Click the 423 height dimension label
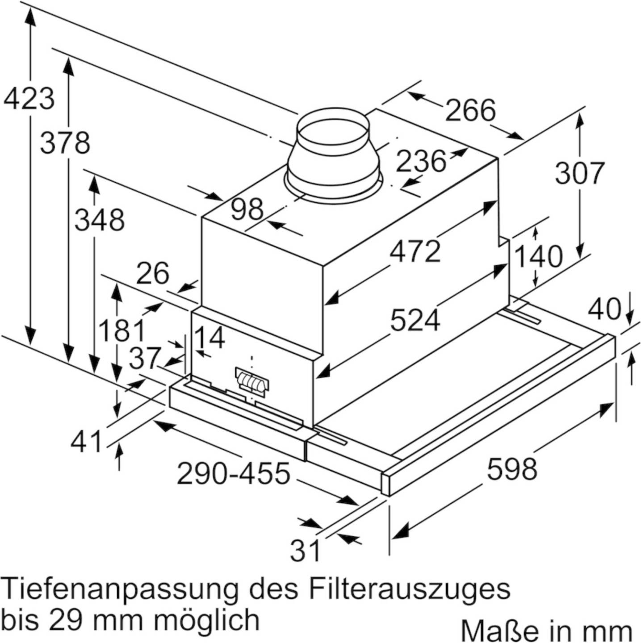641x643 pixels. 29,98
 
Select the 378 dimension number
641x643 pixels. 65,143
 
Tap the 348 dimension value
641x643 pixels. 100,220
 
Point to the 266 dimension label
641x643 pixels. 470,110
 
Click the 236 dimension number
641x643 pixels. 421,161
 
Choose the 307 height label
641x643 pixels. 579,173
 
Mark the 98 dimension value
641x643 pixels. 247,209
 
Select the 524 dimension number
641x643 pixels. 415,320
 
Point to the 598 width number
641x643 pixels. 512,469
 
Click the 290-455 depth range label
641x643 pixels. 233,473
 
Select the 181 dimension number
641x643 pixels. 122,330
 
